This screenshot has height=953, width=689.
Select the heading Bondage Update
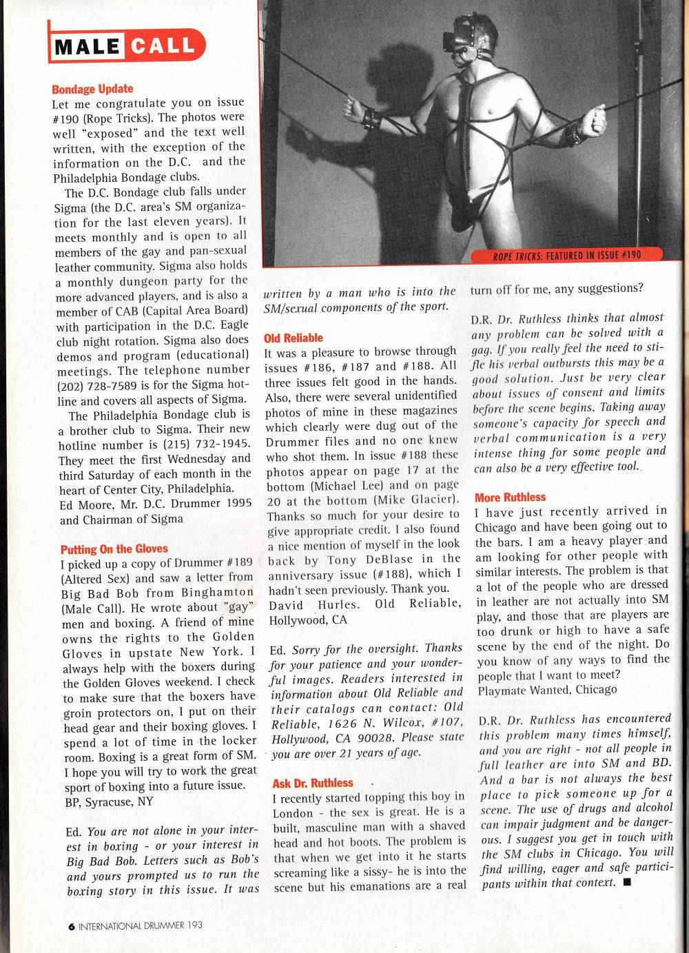coord(92,89)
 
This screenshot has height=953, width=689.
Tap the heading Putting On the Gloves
coord(114,549)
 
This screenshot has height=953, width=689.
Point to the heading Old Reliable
coord(294,338)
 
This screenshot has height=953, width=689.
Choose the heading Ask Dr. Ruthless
coord(312,783)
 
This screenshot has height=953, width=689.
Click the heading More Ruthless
coord(510,497)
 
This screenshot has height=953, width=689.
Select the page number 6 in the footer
coord(71,926)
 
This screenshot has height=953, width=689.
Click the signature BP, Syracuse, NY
coord(109,801)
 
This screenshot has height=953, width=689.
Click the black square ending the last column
coord(626,883)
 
